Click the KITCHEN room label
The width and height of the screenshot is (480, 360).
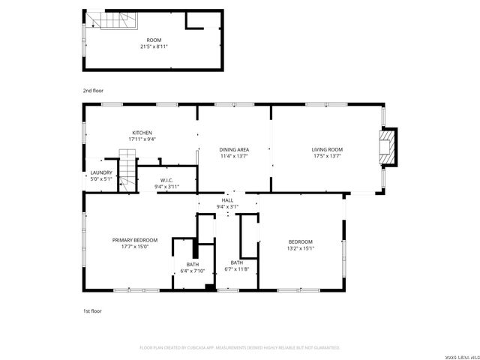142,133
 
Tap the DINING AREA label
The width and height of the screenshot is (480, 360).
234,150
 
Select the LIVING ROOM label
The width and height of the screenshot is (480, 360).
327,150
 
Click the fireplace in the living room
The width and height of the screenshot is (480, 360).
387,148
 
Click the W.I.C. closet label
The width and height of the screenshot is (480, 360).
166,180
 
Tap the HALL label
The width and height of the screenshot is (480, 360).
227,200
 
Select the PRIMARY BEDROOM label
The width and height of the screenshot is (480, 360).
135,240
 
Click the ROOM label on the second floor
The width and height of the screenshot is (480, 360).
154,40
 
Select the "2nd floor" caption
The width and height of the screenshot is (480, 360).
92,90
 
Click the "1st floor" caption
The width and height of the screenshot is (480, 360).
92,310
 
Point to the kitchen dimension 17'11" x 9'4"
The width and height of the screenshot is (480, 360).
142,139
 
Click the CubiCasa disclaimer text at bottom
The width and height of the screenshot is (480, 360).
240,347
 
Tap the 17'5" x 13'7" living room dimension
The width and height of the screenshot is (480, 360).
327,156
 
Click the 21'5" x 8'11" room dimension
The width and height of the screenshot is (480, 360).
154,46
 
